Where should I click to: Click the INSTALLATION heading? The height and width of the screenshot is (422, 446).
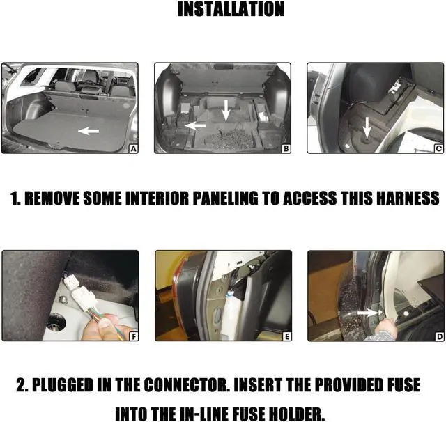pyautogui.click(x=231, y=9)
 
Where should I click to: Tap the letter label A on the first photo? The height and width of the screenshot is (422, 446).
pyautogui.click(x=132, y=148)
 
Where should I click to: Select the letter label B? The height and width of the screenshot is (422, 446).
pyautogui.click(x=286, y=148)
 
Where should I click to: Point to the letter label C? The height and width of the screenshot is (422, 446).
pyautogui.click(x=438, y=148)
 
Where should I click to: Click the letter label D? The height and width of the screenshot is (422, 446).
pyautogui.click(x=438, y=336)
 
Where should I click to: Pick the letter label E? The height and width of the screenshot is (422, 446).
pyautogui.click(x=286, y=336)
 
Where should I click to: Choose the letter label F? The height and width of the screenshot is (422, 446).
pyautogui.click(x=132, y=336)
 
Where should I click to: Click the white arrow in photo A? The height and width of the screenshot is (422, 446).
pyautogui.click(x=87, y=130)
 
